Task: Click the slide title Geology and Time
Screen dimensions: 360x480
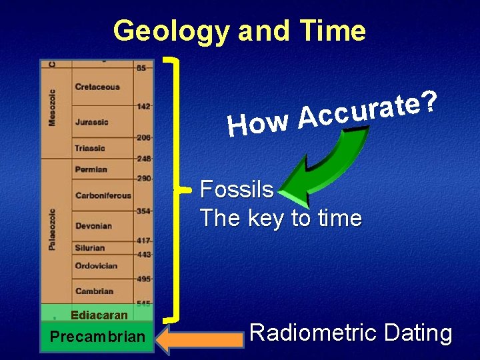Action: (239, 31)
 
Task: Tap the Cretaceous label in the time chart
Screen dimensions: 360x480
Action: (97, 87)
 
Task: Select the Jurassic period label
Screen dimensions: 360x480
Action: (92, 122)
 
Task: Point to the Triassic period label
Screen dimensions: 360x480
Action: (90, 148)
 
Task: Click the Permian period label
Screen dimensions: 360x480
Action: (91, 169)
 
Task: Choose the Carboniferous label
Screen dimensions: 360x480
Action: (103, 195)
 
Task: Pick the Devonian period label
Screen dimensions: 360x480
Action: (93, 226)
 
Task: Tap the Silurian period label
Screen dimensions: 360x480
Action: (90, 247)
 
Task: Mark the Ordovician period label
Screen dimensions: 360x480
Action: (96, 265)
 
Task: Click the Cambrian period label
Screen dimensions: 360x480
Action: (94, 291)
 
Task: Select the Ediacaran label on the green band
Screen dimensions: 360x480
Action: (99, 315)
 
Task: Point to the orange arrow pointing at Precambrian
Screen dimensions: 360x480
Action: (199, 339)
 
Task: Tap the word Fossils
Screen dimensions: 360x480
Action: (237, 190)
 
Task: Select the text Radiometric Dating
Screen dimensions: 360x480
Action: (351, 333)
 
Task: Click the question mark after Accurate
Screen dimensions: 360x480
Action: (430, 101)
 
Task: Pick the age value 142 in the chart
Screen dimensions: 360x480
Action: (143, 105)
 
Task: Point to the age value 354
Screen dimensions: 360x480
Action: (143, 211)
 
